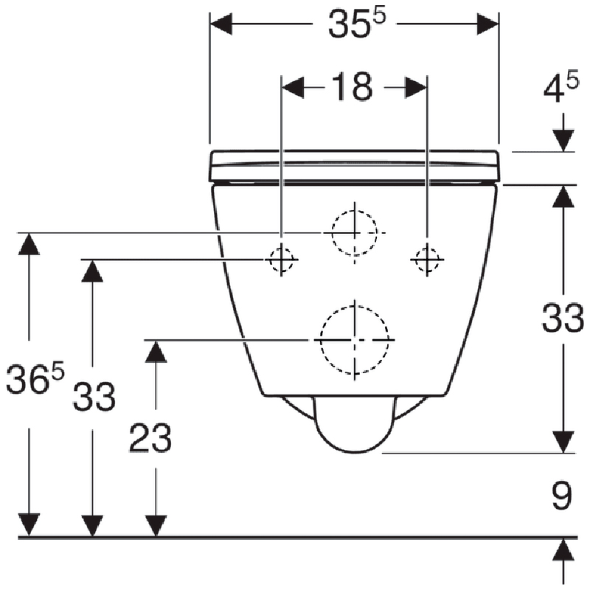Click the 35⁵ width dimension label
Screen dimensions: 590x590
[357, 24]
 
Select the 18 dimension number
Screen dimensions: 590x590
[353, 87]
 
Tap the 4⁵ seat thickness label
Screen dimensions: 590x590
[560, 88]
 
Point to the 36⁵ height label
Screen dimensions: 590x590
[35, 378]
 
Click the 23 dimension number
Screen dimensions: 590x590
[150, 437]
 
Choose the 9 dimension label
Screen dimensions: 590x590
[562, 495]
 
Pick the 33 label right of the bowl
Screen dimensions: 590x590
[563, 319]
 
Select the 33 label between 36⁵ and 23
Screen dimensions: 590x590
[94, 396]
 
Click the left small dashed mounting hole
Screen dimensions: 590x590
[281, 260]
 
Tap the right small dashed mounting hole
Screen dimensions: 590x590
[427, 260]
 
